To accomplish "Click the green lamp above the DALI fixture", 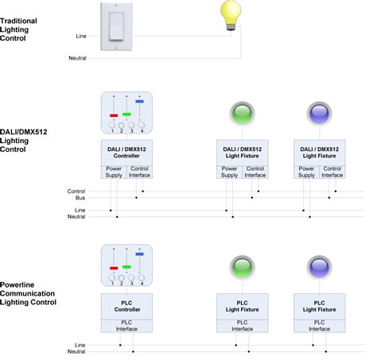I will point(240,113).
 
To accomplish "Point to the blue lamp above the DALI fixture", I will point(318,113).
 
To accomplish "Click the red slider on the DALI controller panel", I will point(113,115).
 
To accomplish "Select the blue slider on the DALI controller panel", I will point(140,101).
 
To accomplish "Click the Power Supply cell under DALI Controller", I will point(114,172).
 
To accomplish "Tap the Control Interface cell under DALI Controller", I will point(140,172).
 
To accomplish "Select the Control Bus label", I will point(76,194).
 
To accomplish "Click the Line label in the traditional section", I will point(81,36).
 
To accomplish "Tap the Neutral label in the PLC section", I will point(77,350).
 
